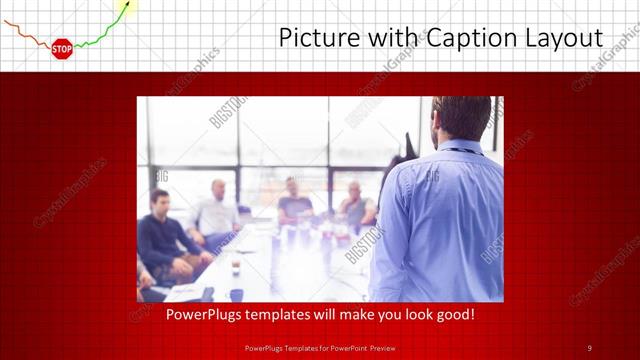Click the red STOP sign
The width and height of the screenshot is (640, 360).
62,47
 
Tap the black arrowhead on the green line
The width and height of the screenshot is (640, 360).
124,9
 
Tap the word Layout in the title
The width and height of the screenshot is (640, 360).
565,38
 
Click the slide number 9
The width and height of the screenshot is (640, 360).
589,348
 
